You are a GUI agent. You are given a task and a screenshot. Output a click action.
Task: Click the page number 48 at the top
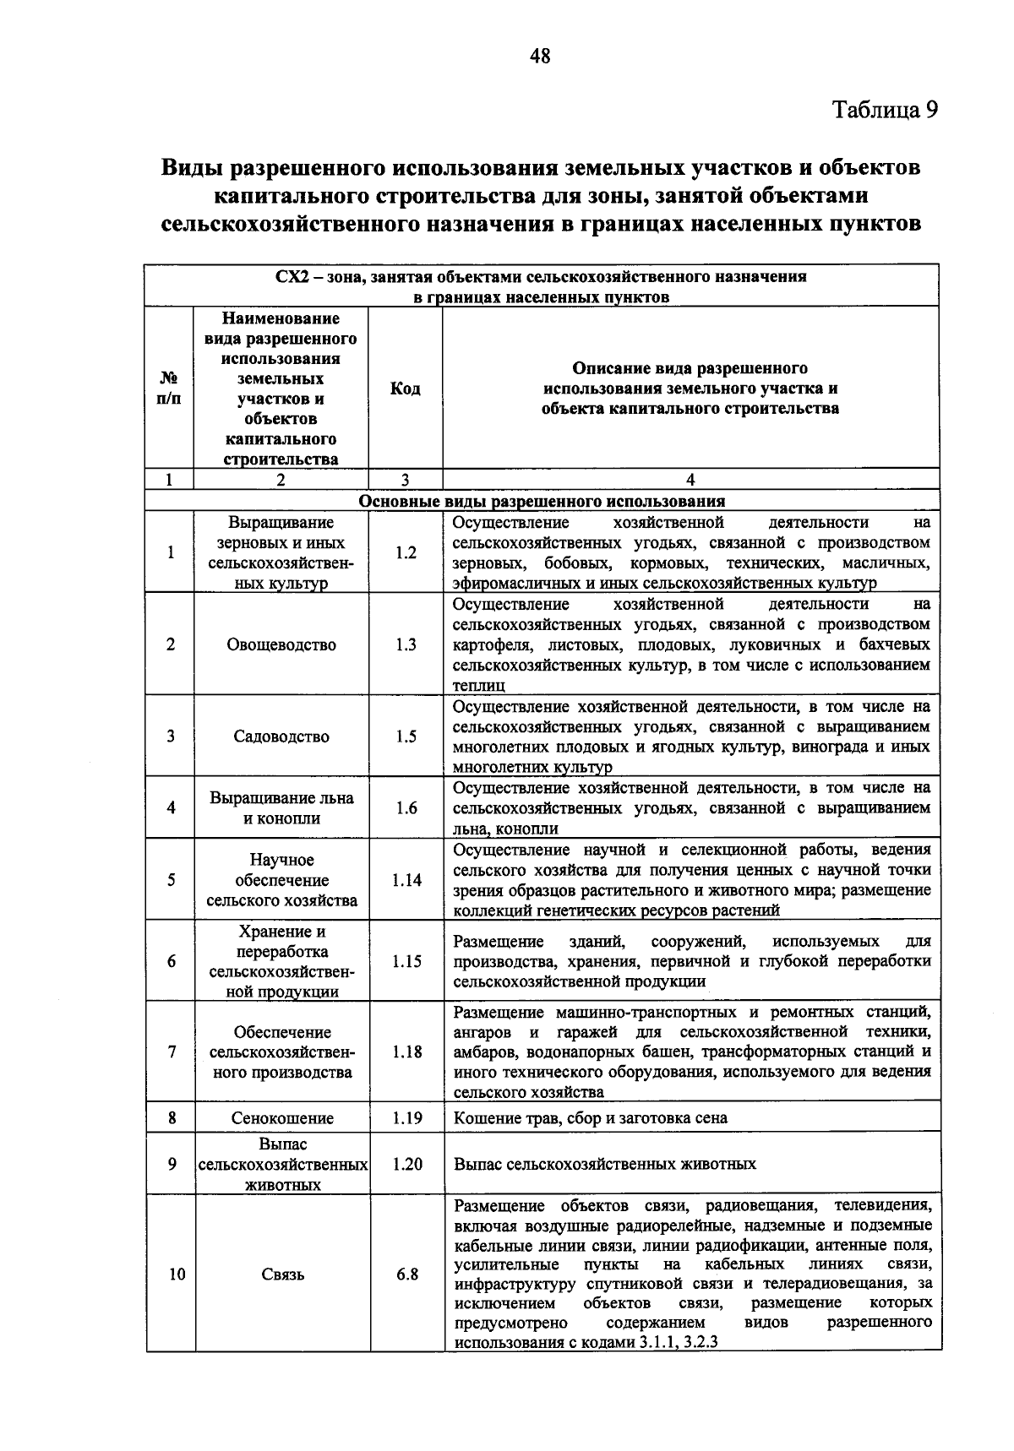pos(539,57)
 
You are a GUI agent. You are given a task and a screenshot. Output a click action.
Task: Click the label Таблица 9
pos(885,110)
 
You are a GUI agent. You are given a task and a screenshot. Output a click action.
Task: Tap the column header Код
pos(406,389)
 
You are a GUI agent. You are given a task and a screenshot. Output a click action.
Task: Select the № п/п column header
pos(170,389)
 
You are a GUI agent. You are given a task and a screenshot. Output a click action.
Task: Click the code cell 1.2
pos(406,553)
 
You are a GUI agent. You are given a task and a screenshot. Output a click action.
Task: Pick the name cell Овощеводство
pos(281,645)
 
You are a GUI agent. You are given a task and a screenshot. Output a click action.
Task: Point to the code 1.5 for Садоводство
pos(406,736)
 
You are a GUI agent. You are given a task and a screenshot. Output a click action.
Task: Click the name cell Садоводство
pos(281,736)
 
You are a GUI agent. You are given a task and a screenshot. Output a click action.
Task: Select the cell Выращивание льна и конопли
pos(281,808)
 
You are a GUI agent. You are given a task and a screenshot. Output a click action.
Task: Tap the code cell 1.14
pos(406,880)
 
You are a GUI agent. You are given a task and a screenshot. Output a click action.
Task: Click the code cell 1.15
pos(406,962)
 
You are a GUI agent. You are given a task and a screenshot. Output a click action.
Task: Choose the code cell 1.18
pos(406,1052)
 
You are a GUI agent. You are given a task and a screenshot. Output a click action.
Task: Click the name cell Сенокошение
pos(282,1118)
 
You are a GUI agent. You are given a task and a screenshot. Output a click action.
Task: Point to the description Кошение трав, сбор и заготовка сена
pos(590,1118)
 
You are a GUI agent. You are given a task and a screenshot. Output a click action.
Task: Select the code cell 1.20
pos(406,1164)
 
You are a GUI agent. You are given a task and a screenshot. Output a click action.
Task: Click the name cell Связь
pos(282,1274)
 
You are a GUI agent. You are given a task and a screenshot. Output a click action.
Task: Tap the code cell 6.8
pos(407,1274)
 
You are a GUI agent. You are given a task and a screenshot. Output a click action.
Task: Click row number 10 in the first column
pos(176,1274)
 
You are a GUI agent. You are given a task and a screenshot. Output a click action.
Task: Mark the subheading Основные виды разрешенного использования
pos(542,501)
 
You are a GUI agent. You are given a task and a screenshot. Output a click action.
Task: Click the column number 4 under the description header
pos(690,480)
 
